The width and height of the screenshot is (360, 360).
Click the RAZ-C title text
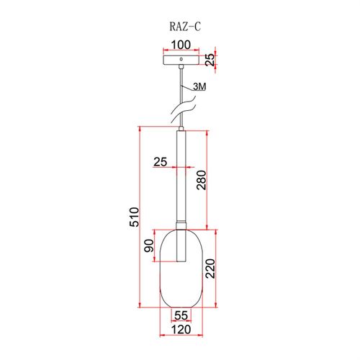(x=185, y=27)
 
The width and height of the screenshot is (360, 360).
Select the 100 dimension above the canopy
(x=181, y=45)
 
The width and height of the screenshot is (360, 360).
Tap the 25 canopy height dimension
(x=210, y=60)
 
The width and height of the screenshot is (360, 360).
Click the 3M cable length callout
(x=199, y=86)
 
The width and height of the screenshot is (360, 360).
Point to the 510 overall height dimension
(x=134, y=217)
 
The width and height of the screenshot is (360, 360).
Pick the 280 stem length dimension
(x=201, y=180)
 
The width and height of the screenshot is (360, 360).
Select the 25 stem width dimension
(x=160, y=162)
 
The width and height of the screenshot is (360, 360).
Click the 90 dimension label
(x=148, y=246)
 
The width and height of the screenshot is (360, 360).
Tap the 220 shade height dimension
(x=210, y=269)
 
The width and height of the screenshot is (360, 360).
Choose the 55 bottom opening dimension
(x=181, y=315)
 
